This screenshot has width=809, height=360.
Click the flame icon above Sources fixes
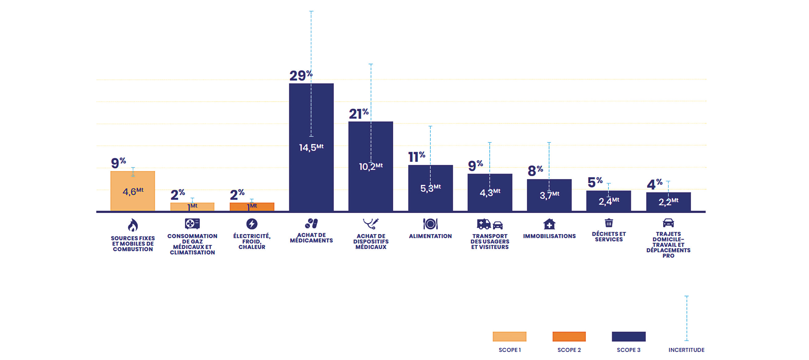[x=133, y=225]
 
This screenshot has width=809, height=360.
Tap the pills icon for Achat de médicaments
[x=311, y=223]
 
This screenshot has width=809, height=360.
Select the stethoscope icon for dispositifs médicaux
[x=371, y=224]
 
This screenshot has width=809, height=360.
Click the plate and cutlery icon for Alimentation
[x=430, y=224]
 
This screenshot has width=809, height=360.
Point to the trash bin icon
[x=609, y=223]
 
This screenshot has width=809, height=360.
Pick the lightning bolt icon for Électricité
[x=252, y=224]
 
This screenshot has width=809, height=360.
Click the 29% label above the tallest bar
[x=301, y=75]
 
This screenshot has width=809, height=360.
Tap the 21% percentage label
[x=358, y=114]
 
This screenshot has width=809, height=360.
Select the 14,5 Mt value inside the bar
[x=311, y=147]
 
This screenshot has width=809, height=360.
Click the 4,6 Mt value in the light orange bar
[x=133, y=191]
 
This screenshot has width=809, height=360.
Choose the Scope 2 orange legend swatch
[x=569, y=336]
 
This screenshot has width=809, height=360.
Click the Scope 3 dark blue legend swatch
[x=628, y=336]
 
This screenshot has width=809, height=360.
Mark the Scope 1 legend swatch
[x=509, y=336]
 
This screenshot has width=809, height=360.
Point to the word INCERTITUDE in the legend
[x=686, y=350]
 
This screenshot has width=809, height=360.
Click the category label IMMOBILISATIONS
[x=549, y=236]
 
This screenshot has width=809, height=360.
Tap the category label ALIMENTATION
[x=430, y=236]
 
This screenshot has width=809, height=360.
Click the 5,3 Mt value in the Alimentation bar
[x=430, y=188]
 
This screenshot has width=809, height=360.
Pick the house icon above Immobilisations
[x=549, y=224]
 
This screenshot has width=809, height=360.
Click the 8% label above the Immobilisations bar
[x=535, y=170]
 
